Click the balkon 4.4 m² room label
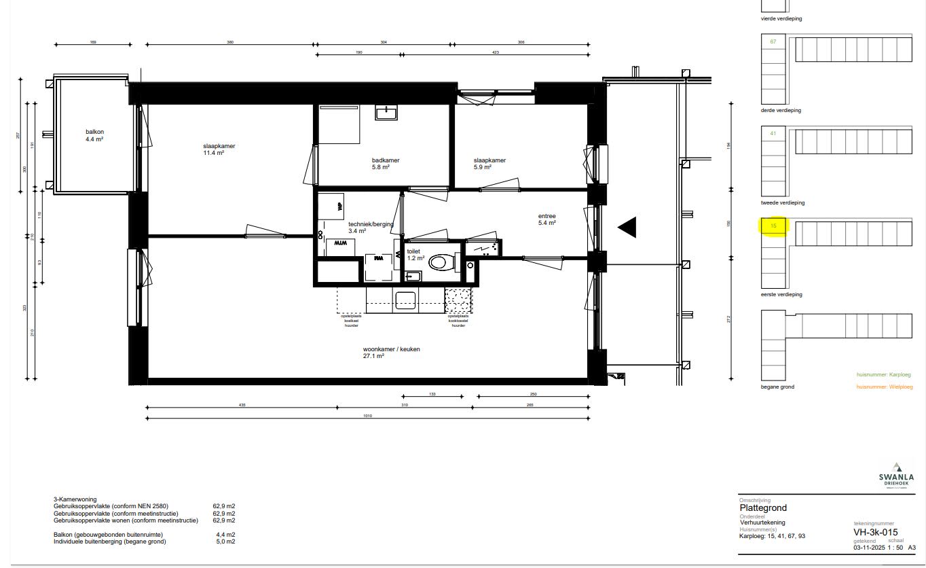click(94, 135)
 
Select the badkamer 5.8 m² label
click(385, 164)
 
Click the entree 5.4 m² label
click(547, 219)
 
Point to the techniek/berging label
click(370, 228)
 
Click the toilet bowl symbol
click(441, 262)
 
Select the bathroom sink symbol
click(386, 113)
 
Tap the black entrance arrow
click(627, 227)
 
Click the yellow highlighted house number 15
click(773, 226)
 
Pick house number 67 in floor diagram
click(773, 41)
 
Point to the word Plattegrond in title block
click(763, 508)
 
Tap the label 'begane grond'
click(777, 387)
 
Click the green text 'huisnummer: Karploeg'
click(883, 374)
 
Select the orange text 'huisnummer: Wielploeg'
click(883, 387)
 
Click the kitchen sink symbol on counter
click(405, 300)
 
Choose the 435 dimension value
click(242, 405)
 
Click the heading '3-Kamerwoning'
click(75, 499)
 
